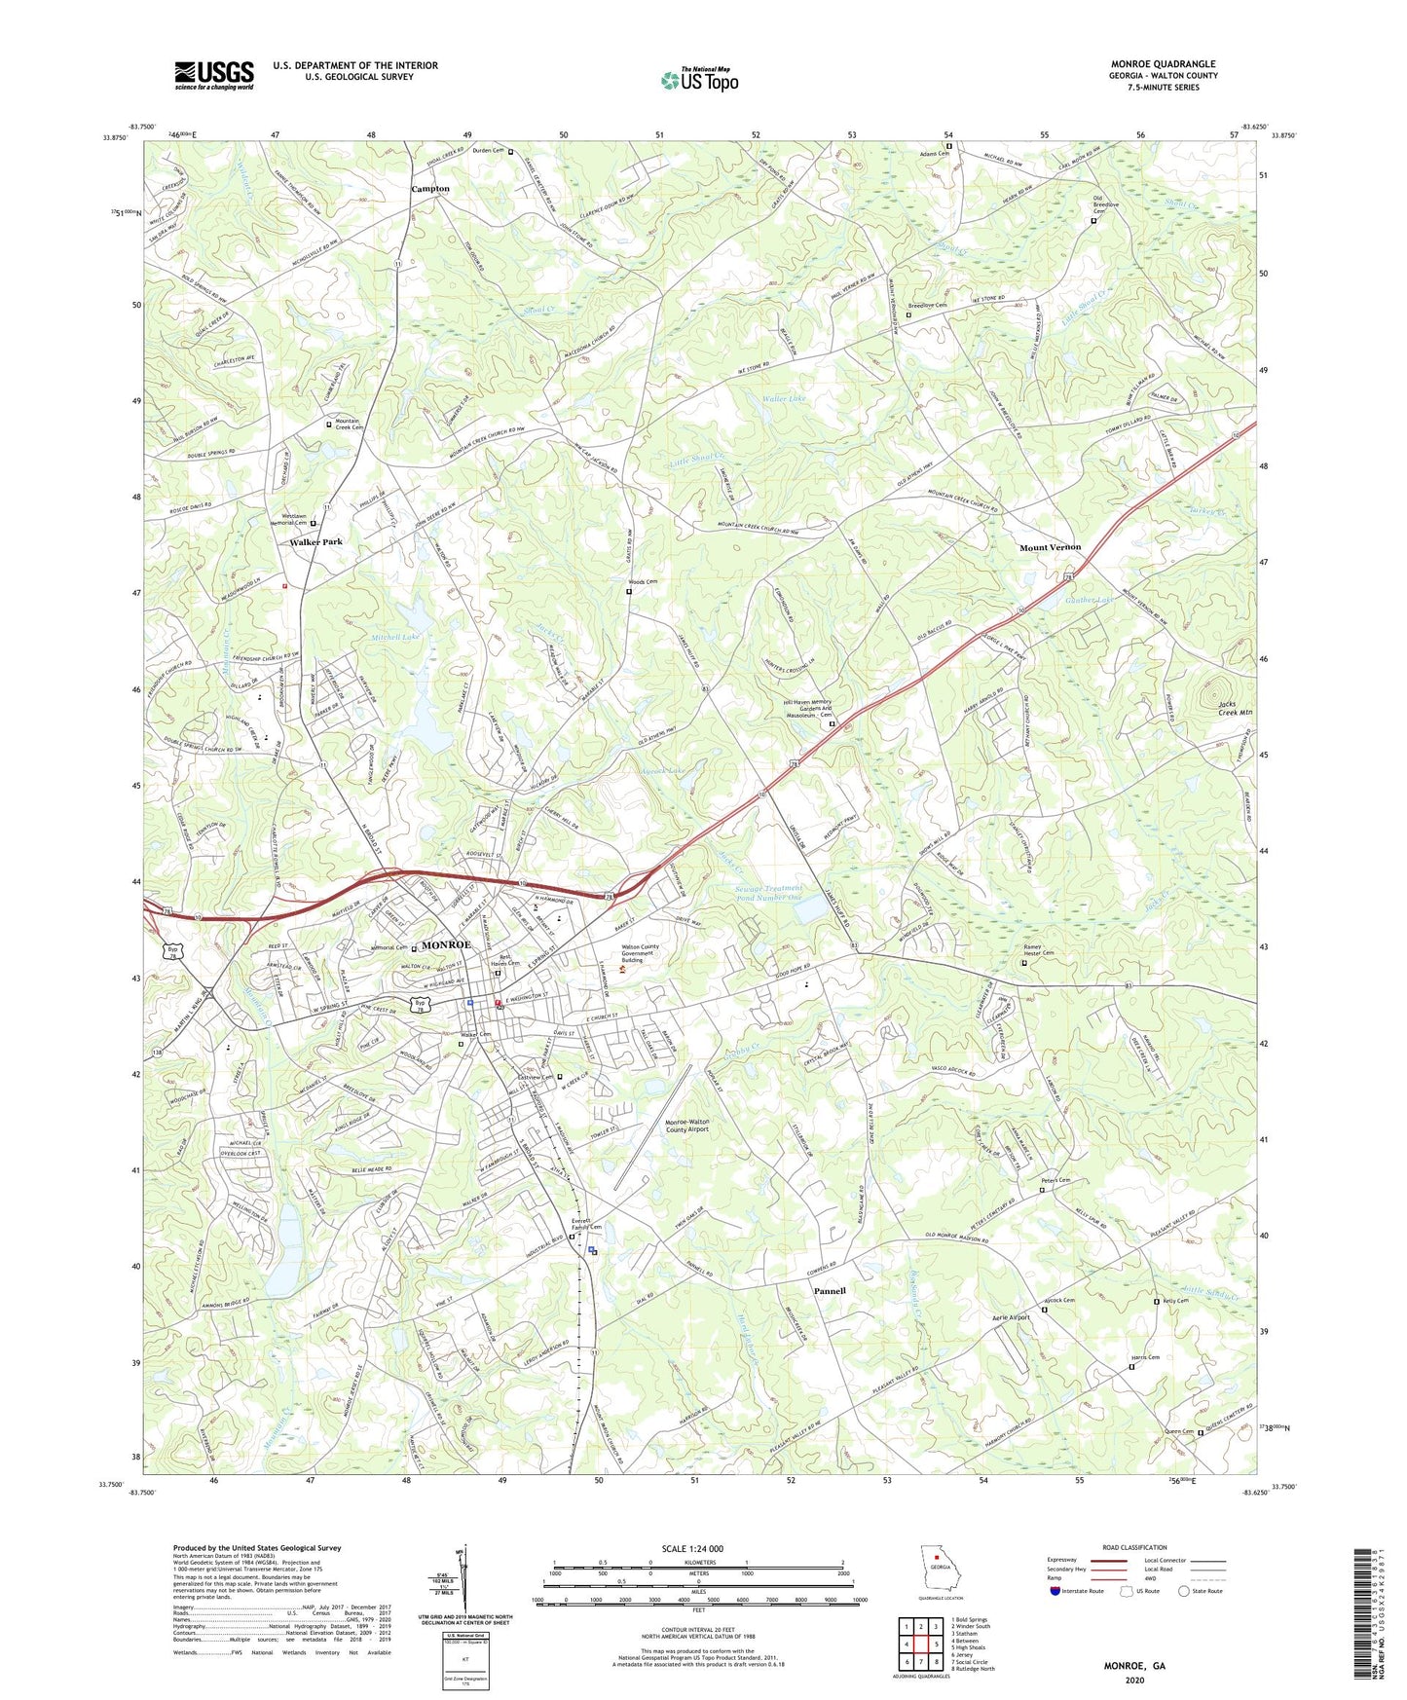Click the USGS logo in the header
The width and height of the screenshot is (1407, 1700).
[x=213, y=75]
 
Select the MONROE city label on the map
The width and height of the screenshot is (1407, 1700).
[x=446, y=945]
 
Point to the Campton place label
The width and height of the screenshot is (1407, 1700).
[x=429, y=189]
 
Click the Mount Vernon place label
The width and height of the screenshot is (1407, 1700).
[x=1050, y=547]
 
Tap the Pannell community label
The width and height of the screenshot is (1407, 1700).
[x=830, y=1291]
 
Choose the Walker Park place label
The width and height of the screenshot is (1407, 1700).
[x=315, y=541]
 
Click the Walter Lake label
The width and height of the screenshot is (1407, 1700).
[x=784, y=399]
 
